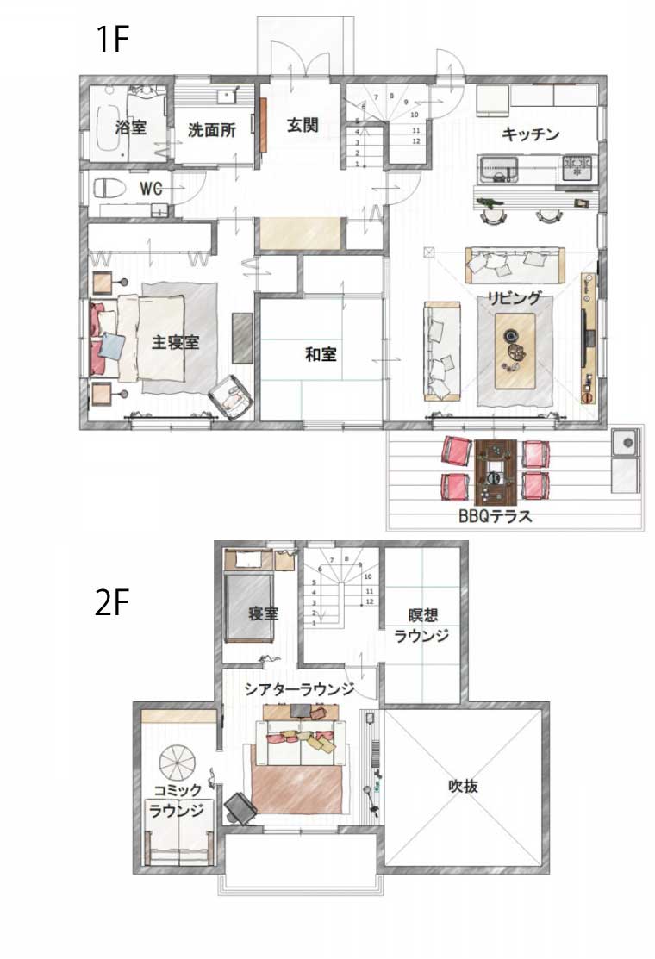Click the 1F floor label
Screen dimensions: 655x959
(113, 39)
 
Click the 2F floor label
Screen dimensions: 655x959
(112, 602)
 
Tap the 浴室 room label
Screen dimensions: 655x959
(131, 128)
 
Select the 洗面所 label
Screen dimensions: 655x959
(212, 129)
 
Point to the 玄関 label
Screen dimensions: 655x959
(303, 126)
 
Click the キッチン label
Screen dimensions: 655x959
(530, 134)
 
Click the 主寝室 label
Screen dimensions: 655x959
(176, 342)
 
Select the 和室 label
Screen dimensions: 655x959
(321, 354)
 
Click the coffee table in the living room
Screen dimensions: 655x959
(515, 351)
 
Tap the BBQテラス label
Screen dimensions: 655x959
(496, 516)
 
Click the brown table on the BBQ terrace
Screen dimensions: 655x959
(496, 471)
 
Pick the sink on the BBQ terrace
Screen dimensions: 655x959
(626, 441)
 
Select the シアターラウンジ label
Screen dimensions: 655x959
(300, 689)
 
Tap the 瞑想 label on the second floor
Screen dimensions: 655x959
(422, 614)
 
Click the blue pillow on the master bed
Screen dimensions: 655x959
(112, 346)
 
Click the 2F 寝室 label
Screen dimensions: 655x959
(263, 613)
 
